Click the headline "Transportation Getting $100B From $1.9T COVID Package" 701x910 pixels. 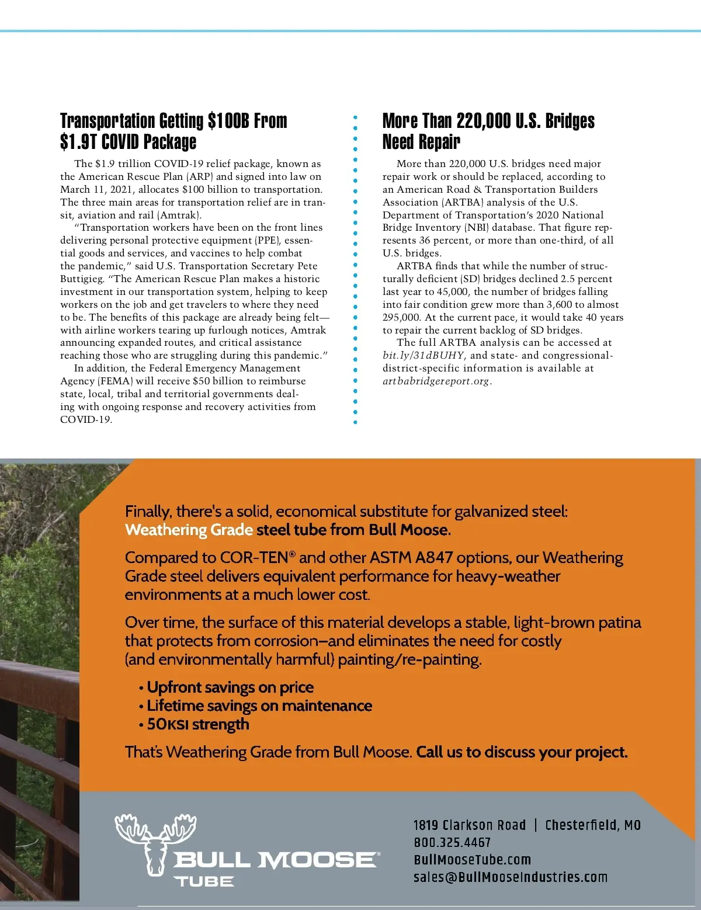pyautogui.click(x=173, y=131)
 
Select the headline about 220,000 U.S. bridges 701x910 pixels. pyautogui.click(x=488, y=131)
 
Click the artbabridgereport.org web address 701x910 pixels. pyautogui.click(x=436, y=381)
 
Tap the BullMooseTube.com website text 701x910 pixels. pyautogui.click(x=472, y=860)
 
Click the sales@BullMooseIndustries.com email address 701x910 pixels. pyautogui.click(x=510, y=877)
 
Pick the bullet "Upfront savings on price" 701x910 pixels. pyautogui.click(x=230, y=687)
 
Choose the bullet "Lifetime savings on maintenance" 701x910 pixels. pyautogui.click(x=259, y=706)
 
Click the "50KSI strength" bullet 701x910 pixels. pyautogui.click(x=198, y=724)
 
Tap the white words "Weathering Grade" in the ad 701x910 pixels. pyautogui.click(x=189, y=530)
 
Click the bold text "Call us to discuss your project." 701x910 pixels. pyautogui.click(x=522, y=752)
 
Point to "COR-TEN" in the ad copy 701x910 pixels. pyautogui.click(x=254, y=558)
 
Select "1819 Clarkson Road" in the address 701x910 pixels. pyautogui.click(x=470, y=825)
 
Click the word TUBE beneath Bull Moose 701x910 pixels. pyautogui.click(x=203, y=881)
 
